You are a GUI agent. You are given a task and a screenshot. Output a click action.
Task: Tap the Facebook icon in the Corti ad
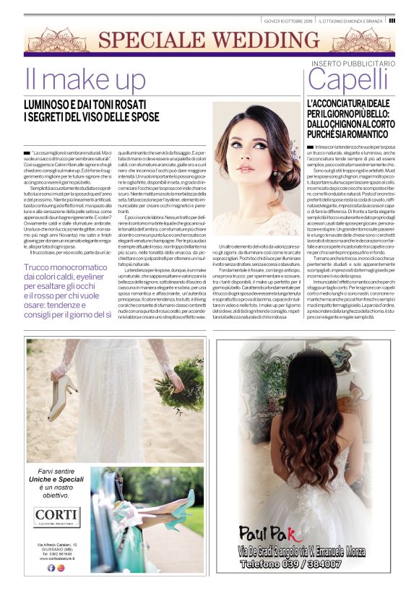click(51, 568)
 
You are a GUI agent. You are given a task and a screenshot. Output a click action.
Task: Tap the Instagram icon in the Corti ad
click(61, 568)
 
